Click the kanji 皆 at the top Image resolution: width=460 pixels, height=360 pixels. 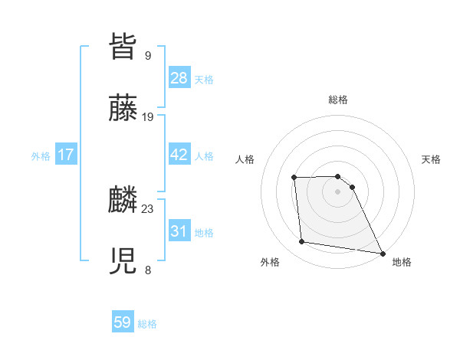[123, 47]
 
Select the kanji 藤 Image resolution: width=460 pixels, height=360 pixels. [123, 110]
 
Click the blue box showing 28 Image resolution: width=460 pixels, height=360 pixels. [179, 78]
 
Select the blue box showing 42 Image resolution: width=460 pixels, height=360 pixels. [179, 155]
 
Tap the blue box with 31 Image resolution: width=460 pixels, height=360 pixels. [179, 231]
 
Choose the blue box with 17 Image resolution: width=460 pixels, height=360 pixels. [66, 155]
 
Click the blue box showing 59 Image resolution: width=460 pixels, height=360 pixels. [123, 322]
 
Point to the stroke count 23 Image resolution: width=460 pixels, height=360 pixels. [148, 208]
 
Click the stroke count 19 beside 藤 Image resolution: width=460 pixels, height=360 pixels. [148, 117]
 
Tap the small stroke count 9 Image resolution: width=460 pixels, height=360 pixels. [148, 55]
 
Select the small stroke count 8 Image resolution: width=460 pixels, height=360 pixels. [148, 270]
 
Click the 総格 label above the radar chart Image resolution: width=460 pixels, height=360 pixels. [338, 100]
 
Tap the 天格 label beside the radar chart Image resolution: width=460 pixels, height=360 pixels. [431, 159]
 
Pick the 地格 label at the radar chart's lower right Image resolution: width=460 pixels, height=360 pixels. [402, 262]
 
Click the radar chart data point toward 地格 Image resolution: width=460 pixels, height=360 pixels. [382, 253]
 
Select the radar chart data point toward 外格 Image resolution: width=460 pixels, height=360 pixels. [302, 242]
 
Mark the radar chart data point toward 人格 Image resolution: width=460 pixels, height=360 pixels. [294, 178]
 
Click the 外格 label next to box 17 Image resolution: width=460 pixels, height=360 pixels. [41, 155]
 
